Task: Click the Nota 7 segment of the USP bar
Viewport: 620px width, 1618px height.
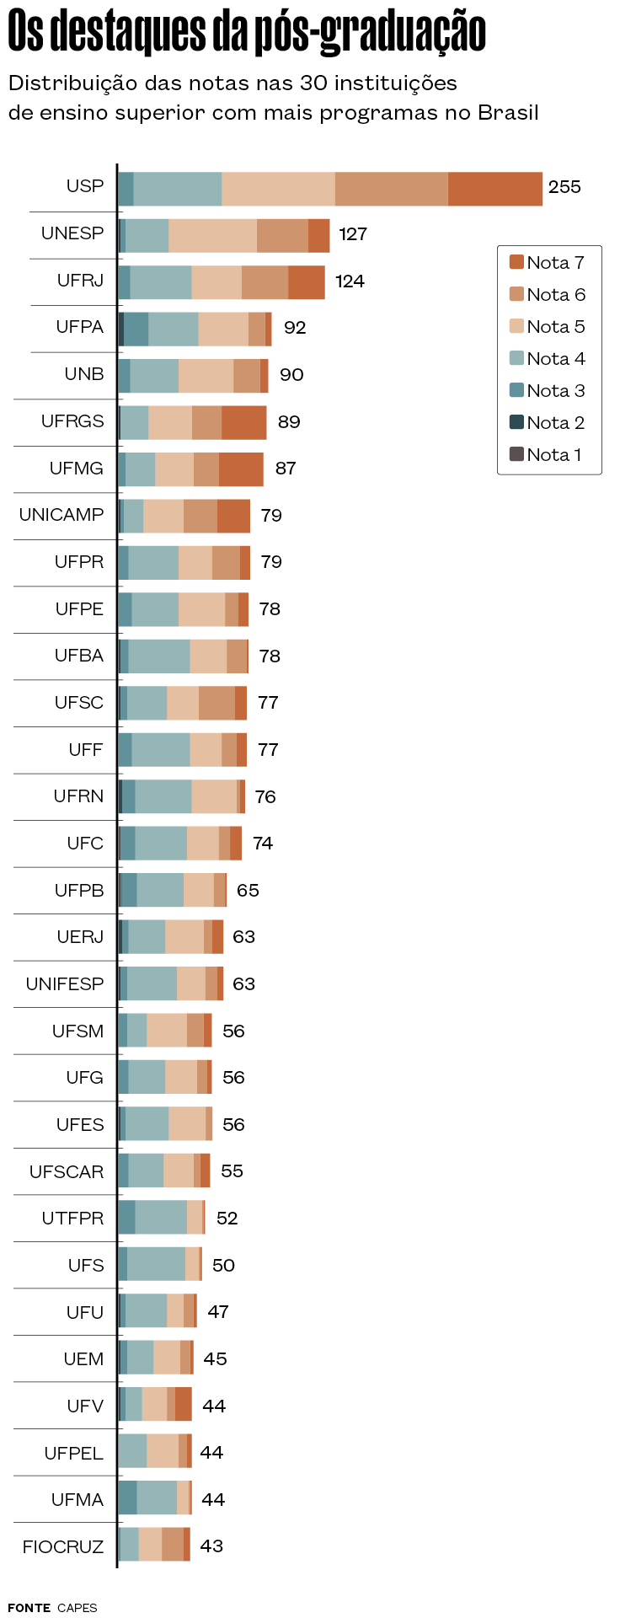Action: point(494,189)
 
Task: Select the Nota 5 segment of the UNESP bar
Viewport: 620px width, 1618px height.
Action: point(212,235)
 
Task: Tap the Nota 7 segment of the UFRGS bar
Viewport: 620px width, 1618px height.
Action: point(244,422)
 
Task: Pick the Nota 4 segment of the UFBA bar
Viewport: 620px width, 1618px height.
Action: point(159,656)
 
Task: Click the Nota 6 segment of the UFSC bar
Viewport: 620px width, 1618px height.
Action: point(216,703)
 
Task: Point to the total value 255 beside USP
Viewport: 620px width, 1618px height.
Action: point(564,187)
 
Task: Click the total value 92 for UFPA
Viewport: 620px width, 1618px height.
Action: point(295,328)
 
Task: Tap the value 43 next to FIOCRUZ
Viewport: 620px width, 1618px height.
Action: point(211,1546)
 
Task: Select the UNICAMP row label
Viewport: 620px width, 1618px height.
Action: point(61,515)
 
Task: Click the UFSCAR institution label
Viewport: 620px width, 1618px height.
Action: point(67,1171)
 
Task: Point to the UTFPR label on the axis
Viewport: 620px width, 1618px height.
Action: point(72,1219)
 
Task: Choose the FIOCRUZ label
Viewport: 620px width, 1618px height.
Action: point(63,1547)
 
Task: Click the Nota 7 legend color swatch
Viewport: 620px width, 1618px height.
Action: point(516,262)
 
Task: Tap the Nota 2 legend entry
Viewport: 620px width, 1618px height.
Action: point(555,423)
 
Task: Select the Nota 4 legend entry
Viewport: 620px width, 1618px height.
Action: point(555,359)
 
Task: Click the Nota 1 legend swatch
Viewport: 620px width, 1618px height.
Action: point(516,454)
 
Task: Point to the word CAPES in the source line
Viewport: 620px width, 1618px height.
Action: point(77,1608)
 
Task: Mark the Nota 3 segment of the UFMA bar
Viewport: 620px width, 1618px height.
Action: point(127,1499)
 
